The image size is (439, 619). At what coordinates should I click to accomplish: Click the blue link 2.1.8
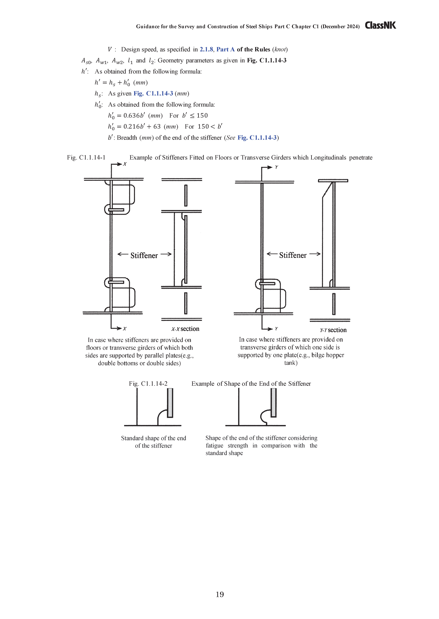coord(206,49)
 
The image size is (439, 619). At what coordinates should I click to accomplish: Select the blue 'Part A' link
coord(225,49)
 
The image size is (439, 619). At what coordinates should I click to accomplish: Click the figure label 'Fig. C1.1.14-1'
coord(86,157)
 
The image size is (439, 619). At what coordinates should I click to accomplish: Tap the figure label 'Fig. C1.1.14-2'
coord(148,384)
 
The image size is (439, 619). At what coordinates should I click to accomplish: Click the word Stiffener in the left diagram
coord(144,255)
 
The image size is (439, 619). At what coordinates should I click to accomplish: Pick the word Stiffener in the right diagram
coord(293,255)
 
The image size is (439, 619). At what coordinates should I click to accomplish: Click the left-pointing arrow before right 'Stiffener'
coord(272,254)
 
